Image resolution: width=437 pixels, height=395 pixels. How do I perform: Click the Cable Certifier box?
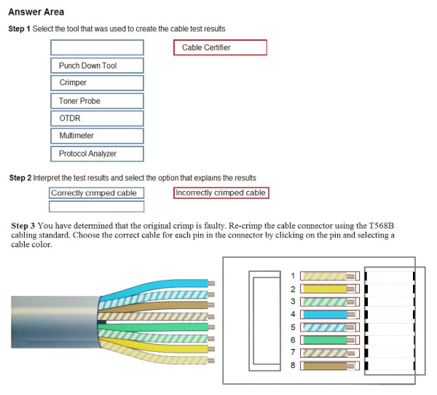coord(220,47)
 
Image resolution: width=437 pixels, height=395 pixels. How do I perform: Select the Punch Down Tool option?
coord(97,66)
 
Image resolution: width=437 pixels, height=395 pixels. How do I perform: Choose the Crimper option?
coord(97,83)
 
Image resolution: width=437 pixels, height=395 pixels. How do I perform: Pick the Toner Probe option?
coord(97,101)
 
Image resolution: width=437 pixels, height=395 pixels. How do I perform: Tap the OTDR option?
coord(97,118)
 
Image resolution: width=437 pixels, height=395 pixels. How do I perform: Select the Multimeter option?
coord(97,136)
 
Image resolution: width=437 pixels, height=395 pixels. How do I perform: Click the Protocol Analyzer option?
coord(97,154)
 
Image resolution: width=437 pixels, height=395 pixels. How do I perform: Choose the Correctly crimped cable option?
coord(96,192)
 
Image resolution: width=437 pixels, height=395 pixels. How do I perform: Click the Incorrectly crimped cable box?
coord(221,192)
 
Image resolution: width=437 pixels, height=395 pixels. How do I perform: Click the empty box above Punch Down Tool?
coord(97,47)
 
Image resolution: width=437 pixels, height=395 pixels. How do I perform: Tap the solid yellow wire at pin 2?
coord(325,289)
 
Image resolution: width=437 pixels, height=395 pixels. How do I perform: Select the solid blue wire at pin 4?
coord(325,314)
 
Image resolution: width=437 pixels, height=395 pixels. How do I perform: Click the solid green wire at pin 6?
coord(325,340)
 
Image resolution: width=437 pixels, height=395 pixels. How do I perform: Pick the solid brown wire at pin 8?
coord(325,366)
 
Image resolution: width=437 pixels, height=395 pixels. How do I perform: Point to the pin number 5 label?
coord(293,327)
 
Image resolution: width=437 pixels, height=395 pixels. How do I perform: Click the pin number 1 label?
coord(293,276)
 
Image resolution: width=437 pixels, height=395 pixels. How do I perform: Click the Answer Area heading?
coord(36,12)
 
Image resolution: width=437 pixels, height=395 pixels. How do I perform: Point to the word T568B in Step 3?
coord(381,225)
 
